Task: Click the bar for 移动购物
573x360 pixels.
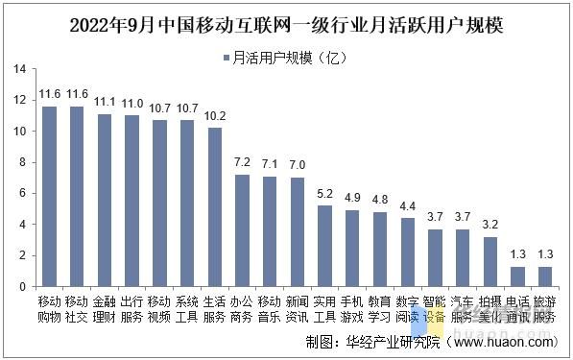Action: [x=50, y=196]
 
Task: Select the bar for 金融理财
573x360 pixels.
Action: [x=106, y=200]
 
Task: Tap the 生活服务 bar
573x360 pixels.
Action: [x=215, y=206]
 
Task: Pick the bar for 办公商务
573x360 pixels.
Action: [x=243, y=230]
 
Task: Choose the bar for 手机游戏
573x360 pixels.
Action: [x=352, y=248]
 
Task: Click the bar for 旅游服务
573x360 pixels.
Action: [x=545, y=276]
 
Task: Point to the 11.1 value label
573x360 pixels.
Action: [x=106, y=102]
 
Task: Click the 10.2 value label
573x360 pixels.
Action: [x=215, y=115]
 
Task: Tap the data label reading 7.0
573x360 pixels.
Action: [x=298, y=165]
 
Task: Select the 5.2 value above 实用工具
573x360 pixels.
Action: [x=325, y=193]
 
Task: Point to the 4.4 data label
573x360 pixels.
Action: [x=408, y=205]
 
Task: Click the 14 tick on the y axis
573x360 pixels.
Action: [x=19, y=69]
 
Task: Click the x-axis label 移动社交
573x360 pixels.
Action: [x=78, y=308]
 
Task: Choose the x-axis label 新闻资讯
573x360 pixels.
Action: [x=298, y=308]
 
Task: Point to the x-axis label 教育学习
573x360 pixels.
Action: [x=380, y=308]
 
